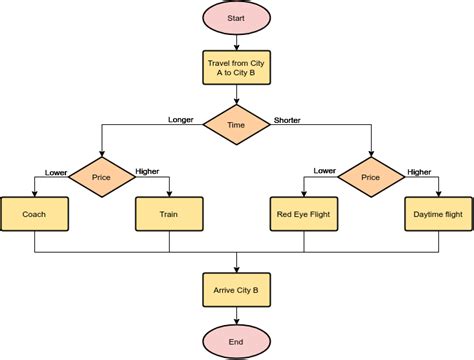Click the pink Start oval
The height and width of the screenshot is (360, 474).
[237, 19]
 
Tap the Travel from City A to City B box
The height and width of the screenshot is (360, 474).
[237, 71]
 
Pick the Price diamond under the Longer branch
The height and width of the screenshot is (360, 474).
[102, 177]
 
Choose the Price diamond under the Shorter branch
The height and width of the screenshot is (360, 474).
[371, 177]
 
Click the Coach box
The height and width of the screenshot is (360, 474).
[35, 213]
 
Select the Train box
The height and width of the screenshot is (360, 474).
[169, 213]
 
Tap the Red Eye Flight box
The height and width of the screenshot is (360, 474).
[304, 213]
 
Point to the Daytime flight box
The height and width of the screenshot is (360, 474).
[438, 213]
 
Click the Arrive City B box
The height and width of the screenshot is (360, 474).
[237, 290]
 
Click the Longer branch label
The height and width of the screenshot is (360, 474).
[181, 119]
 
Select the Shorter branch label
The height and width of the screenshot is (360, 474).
[287, 119]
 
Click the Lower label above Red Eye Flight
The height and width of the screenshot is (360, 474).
[324, 171]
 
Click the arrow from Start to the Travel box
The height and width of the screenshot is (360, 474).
[237, 43]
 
